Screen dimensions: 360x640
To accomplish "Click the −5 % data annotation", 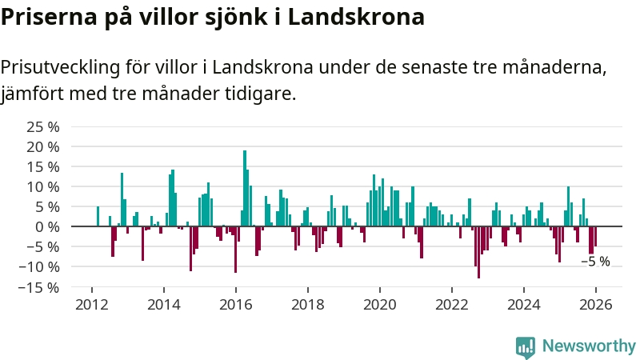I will [x=595, y=262].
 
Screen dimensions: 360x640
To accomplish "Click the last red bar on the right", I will [x=595, y=236].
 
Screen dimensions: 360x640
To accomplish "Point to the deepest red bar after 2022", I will [x=478, y=252].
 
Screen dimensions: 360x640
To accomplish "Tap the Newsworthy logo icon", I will [x=526, y=346].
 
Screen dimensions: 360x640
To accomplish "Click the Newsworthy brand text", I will [x=589, y=346].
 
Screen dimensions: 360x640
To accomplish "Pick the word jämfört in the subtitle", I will [x=33, y=94].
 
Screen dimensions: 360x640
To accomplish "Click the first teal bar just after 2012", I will [x=98, y=216].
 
